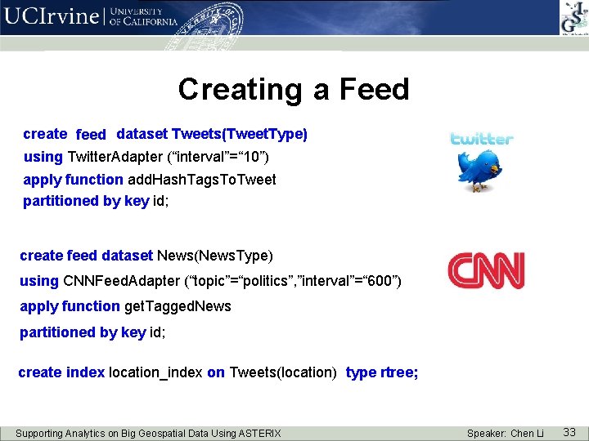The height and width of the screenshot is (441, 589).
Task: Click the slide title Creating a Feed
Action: coord(294,89)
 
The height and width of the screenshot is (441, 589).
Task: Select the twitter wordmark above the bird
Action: coord(482,139)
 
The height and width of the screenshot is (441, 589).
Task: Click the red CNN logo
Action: coord(485,271)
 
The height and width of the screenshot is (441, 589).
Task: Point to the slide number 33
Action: coord(569,432)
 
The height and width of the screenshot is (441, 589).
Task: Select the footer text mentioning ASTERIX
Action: coord(148,433)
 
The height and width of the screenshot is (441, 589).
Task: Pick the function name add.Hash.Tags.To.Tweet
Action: coord(201,179)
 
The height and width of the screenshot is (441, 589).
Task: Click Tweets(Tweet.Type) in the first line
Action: coord(240,134)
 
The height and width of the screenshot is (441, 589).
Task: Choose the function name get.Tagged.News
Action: coord(178,306)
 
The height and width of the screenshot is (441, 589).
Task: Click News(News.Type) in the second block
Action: coord(214,256)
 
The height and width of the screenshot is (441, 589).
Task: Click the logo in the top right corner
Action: coord(573,17)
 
